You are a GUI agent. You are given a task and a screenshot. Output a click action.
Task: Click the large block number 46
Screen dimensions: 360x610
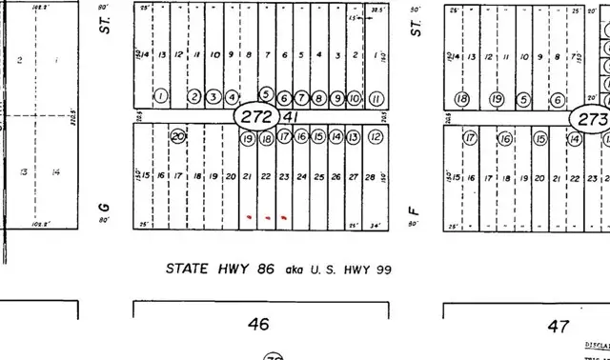pyautogui.click(x=258, y=325)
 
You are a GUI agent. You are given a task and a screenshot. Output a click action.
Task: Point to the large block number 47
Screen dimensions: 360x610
pyautogui.click(x=559, y=326)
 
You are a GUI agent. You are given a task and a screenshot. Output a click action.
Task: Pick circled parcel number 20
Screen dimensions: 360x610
pyautogui.click(x=177, y=136)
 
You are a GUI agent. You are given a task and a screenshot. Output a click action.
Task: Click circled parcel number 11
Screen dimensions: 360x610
pyautogui.click(x=376, y=98)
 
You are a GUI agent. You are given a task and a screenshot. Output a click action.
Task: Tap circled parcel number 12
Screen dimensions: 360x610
pyautogui.click(x=376, y=137)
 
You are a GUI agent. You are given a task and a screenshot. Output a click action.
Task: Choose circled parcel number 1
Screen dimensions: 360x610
pyautogui.click(x=160, y=96)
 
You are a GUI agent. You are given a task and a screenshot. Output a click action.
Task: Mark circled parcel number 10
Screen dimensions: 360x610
pyautogui.click(x=354, y=98)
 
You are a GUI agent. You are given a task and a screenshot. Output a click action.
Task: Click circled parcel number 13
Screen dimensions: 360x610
pyautogui.click(x=354, y=137)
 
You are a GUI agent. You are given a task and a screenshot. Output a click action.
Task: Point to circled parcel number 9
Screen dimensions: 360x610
pyautogui.click(x=335, y=98)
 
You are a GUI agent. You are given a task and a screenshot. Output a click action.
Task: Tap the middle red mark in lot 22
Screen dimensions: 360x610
pyautogui.click(x=266, y=217)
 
